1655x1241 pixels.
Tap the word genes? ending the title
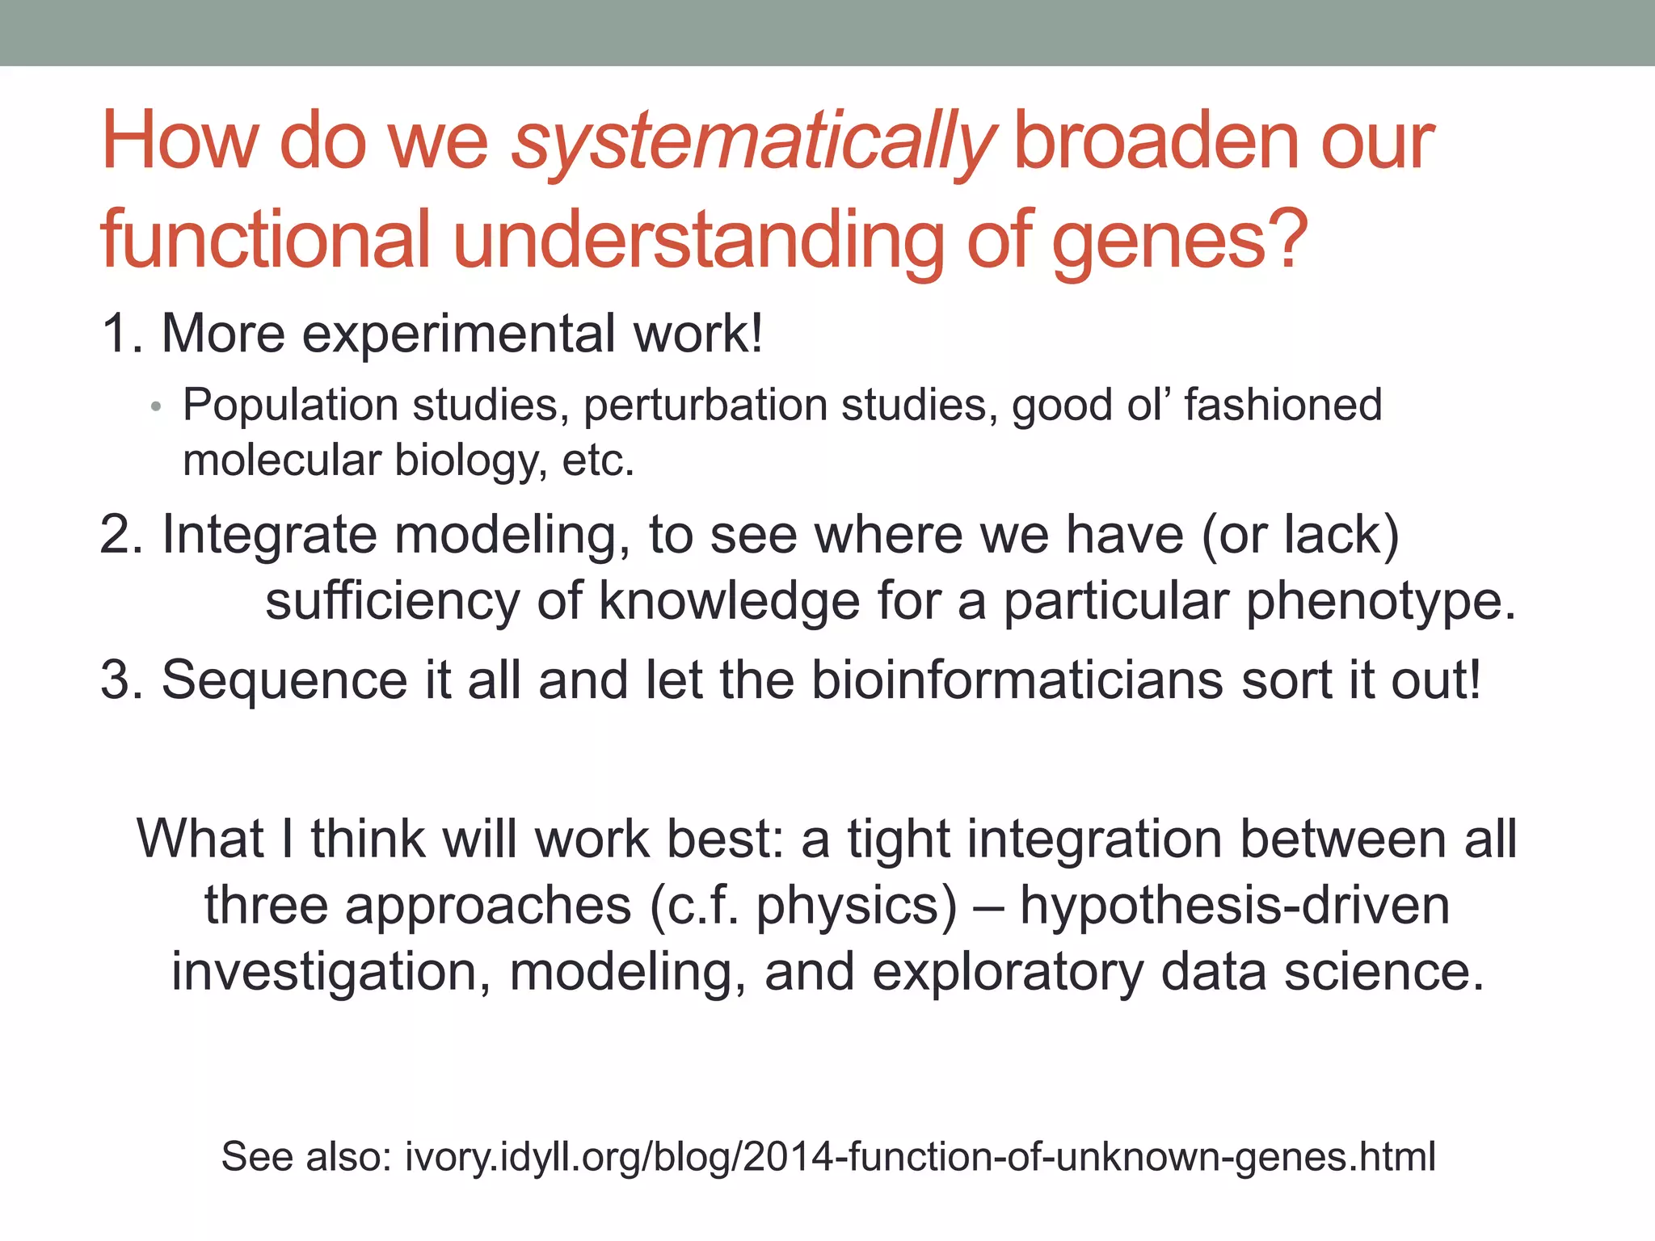[1179, 241]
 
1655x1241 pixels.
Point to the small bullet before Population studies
[157, 406]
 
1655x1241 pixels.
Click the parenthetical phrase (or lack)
[1300, 535]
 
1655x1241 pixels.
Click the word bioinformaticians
[1017, 679]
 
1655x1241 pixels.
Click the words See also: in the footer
[306, 1156]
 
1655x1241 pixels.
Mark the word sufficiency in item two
[393, 602]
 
